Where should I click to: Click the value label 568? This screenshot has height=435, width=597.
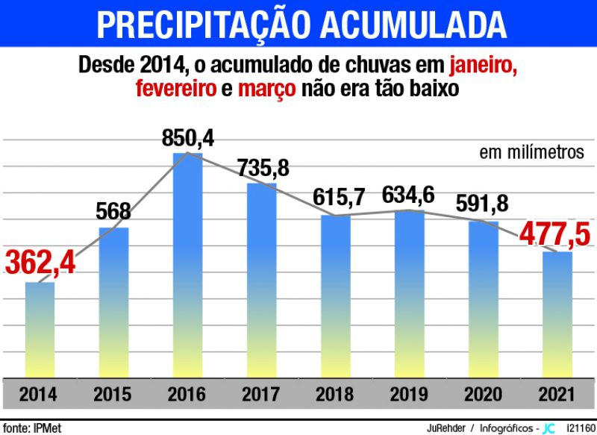(x=113, y=212)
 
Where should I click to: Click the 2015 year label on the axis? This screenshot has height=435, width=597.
(x=113, y=393)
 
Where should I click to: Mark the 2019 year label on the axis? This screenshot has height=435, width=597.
(x=409, y=393)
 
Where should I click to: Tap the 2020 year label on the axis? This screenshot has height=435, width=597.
(x=483, y=393)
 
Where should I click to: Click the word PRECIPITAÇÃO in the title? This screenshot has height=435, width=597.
(x=204, y=25)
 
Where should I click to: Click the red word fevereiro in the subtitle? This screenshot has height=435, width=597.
(x=175, y=89)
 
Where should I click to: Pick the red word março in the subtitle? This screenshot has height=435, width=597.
(x=266, y=89)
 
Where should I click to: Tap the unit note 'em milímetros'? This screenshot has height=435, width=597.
(x=531, y=152)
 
